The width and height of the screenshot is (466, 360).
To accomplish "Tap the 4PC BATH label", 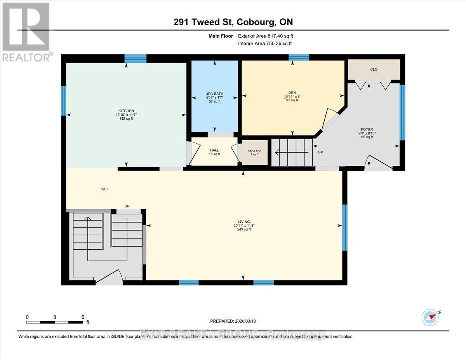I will click(x=215, y=94).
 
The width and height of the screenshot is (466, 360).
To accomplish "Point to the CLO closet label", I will click(x=374, y=70).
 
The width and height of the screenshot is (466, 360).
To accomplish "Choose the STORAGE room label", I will click(x=254, y=151).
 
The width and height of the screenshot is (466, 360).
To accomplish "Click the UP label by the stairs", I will click(x=321, y=152).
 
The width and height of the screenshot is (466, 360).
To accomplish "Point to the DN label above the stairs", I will click(x=127, y=206).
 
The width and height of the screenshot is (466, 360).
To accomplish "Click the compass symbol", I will click(x=430, y=317).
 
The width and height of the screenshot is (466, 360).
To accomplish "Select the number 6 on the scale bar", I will click(x=83, y=317).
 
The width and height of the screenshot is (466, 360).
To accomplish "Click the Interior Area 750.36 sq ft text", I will click(x=264, y=43).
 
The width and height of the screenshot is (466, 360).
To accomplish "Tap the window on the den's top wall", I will click(x=299, y=57).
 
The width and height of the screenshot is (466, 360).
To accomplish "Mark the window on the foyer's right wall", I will click(x=402, y=112).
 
